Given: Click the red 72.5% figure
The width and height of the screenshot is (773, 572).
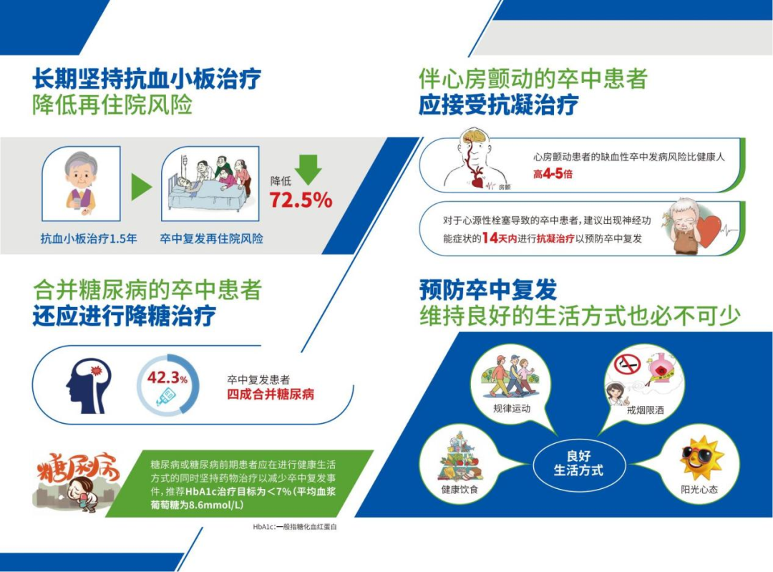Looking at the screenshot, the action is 301,200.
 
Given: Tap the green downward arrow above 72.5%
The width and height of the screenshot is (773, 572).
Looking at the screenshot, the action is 308,169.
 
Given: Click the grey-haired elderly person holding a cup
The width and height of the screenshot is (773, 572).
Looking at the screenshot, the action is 82,183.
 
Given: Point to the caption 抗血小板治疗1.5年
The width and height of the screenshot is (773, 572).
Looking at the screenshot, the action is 89,238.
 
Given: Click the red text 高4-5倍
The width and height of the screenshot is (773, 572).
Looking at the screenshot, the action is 553,173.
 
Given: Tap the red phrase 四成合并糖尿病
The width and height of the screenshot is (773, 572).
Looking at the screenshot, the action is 271,394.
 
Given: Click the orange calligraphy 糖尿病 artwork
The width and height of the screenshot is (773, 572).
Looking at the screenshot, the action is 78,468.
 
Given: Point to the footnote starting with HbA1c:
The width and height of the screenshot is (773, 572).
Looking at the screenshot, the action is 295,527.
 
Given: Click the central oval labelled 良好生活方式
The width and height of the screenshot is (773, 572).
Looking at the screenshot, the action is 579,463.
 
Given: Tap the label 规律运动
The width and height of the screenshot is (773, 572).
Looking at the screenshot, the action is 512,408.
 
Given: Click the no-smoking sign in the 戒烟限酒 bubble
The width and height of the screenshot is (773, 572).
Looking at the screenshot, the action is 627,364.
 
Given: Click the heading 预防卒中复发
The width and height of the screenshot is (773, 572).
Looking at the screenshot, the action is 488,289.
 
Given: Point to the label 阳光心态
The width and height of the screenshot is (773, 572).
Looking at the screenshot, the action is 699,489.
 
